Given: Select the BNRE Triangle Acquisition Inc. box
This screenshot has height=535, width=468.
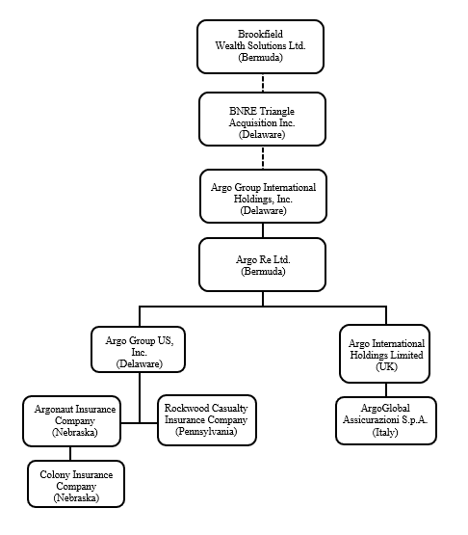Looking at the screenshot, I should tap(263, 119).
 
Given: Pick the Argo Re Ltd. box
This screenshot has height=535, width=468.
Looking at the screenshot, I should tap(263, 265).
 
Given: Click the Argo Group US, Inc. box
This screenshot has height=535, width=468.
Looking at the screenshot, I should tap(139, 349).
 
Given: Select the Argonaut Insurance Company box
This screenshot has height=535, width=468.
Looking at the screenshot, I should tap(70, 421).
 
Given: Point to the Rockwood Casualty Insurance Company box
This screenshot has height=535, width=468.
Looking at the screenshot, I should tap(207, 421).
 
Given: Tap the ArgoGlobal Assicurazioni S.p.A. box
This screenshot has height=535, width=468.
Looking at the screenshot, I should tap(385, 420).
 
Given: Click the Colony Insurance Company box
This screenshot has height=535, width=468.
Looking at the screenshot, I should tap(74, 483).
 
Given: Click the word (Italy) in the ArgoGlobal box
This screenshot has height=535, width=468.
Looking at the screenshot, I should tap(385, 433).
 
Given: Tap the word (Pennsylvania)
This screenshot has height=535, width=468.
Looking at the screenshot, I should tap(206, 433).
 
